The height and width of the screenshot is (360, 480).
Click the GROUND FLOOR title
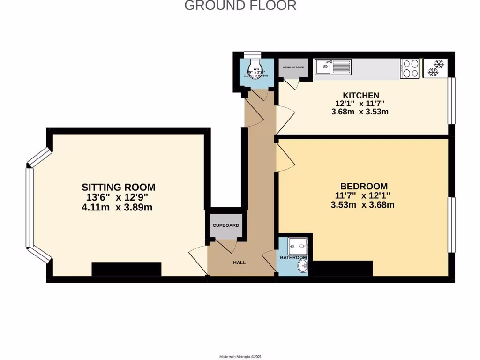pos(240,6)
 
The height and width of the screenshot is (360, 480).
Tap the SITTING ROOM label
pos(118,187)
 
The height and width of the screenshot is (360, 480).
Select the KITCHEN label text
pos(360,95)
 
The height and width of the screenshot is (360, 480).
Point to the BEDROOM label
pos(364,186)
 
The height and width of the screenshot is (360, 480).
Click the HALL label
pos(240,263)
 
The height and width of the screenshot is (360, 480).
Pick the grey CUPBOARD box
pos(226,225)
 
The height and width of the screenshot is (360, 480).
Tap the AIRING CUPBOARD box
pos(293,67)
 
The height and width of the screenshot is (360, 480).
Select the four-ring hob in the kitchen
pos(410,68)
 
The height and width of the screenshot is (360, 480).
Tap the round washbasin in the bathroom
pos(302,268)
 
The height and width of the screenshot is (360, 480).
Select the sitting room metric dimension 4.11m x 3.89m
pos(117,207)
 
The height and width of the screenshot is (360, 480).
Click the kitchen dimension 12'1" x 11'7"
pos(360,104)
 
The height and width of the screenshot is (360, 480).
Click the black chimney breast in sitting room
pos(126,269)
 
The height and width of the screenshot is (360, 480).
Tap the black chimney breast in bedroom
pos(342,269)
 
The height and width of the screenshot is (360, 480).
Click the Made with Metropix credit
pos(240,357)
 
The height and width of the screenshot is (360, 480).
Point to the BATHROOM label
pos(293,258)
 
